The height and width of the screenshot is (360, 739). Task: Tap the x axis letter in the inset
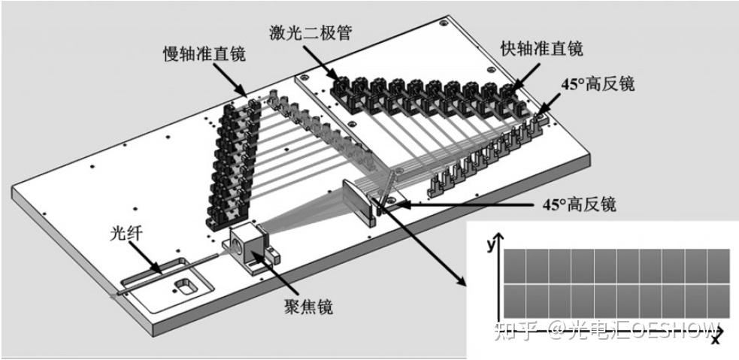pyautogui.click(x=715, y=339)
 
